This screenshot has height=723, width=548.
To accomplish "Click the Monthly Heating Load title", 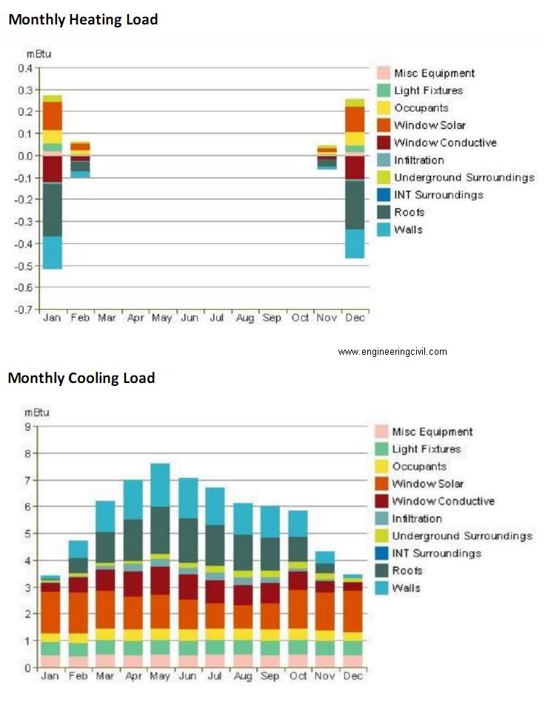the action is pos(83,20).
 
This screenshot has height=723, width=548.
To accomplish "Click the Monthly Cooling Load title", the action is pos(81,378).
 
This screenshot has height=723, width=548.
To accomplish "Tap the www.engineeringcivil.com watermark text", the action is pos(392,352).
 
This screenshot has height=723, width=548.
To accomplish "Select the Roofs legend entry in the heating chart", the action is pos(401,212).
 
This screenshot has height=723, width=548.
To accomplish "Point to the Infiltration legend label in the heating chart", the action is pos(419,160).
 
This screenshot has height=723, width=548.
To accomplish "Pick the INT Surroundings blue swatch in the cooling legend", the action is pos(381,553).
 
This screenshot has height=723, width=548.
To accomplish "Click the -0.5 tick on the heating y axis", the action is pos(25,266).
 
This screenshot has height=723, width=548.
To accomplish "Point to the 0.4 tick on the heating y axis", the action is pos(26,68).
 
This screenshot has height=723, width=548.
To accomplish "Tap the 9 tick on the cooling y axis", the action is pos(27,427).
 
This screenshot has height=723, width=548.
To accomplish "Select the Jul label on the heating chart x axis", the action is pos(217,318).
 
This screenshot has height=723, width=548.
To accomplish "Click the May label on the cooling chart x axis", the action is pos(160,676).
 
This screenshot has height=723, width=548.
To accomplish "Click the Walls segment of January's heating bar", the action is pos(53,253).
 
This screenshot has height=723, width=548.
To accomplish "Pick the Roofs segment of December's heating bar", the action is pos(355,204).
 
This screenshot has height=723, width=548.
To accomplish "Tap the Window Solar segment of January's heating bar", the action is pos(53,116).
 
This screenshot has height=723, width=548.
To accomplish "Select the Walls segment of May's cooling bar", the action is pos(161,485).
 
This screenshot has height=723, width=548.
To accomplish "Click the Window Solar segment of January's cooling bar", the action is pos(50,613).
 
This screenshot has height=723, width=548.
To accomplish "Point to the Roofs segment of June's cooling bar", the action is pos(188,541).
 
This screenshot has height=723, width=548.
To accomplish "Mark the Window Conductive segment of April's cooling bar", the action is pos(133,584).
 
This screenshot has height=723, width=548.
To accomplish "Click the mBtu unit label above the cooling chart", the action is pos(37,412).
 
